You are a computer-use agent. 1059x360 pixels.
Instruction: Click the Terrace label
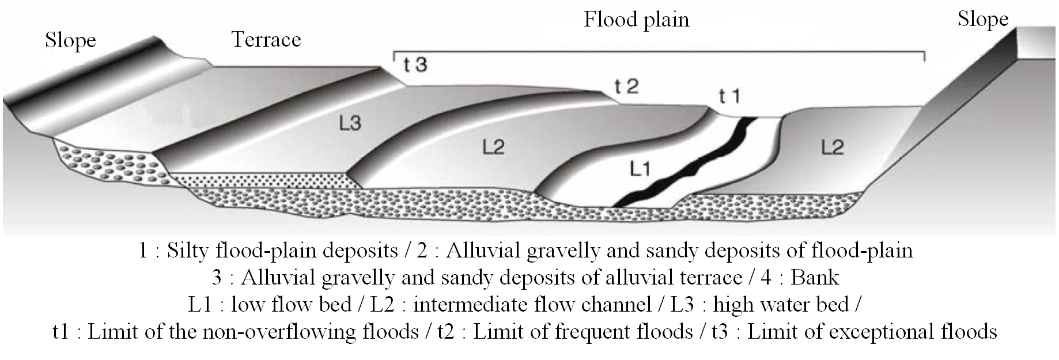coord(266,39)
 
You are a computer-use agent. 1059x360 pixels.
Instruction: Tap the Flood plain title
coord(637,20)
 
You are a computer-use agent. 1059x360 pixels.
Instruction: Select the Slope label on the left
coord(70,41)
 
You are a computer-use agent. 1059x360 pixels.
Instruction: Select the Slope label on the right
coord(983,20)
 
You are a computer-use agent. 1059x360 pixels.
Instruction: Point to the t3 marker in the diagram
coord(415,65)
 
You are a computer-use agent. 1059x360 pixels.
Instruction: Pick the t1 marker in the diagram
coord(730,96)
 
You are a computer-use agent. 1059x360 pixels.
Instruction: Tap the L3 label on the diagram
coord(349,123)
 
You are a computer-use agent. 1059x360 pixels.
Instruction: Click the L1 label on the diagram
coord(640,169)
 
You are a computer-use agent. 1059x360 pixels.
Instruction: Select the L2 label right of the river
coord(833,148)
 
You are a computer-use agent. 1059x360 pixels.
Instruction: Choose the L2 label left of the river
coord(493,148)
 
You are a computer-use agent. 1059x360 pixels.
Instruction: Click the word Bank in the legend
coord(815,278)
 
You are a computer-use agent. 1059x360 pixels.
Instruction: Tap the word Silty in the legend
coord(186,252)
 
